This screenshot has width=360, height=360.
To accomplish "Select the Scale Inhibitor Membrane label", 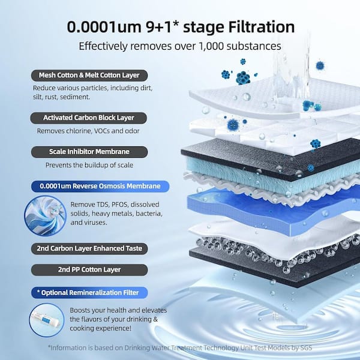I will [89, 152].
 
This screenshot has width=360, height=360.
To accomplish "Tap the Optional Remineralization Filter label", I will [89, 292].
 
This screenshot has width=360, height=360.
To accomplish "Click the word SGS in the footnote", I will [304, 347].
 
